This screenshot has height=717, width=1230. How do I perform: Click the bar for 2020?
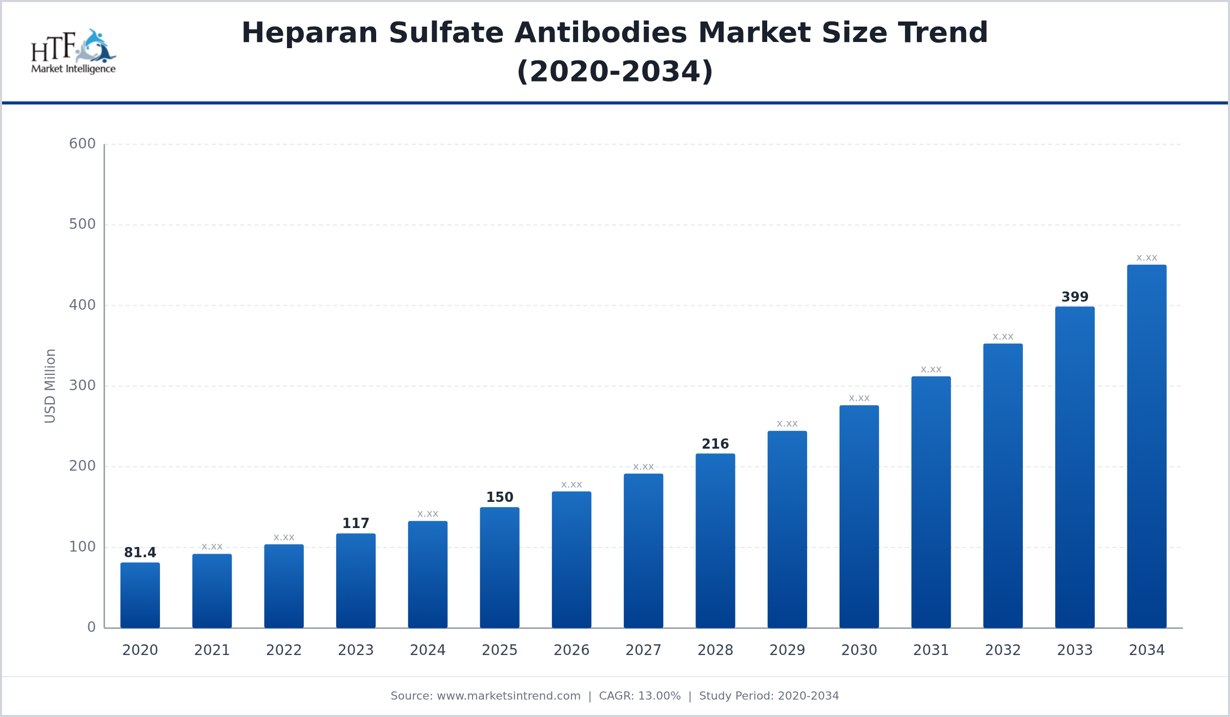click(140, 595)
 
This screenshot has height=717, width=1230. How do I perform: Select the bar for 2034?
click(1146, 446)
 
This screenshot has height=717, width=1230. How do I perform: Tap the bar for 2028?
click(715, 540)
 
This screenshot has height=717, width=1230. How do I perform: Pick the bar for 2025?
click(500, 567)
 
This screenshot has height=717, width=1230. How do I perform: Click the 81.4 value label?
click(140, 553)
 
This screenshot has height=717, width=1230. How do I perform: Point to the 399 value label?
click(1075, 297)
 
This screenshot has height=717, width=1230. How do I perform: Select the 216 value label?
click(715, 444)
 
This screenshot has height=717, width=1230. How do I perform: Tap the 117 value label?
click(356, 523)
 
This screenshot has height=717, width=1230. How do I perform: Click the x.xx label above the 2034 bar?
click(1146, 258)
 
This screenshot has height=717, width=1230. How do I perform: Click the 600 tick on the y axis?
click(83, 144)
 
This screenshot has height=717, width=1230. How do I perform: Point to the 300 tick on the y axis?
click(83, 386)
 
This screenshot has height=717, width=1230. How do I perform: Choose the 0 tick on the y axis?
click(91, 627)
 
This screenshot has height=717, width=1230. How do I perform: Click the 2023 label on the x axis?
click(356, 650)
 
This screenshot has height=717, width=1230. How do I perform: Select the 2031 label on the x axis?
click(931, 650)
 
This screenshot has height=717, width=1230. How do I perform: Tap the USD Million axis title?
click(50, 386)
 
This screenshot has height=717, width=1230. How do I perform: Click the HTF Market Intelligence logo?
click(73, 52)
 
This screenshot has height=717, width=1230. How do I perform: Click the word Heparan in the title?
click(310, 33)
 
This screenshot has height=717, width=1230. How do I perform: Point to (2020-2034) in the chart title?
click(615, 72)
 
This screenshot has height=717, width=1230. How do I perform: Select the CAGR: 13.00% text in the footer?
click(640, 696)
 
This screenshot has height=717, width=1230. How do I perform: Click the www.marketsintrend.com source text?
click(508, 696)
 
